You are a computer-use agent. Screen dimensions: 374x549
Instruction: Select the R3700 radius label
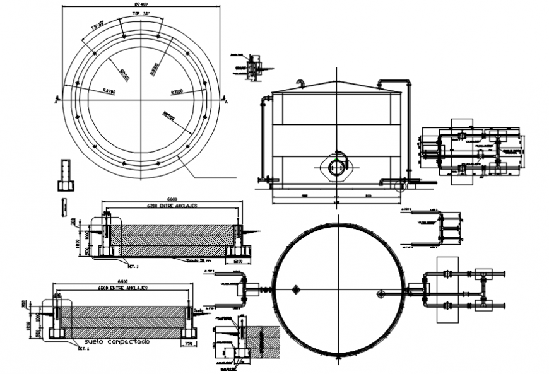pos(109,91)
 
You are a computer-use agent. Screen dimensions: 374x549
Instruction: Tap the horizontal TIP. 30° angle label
pos(141,13)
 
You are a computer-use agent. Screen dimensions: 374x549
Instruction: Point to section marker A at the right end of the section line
pos(226,100)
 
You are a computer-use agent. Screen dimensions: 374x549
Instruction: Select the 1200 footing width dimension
pos(238,260)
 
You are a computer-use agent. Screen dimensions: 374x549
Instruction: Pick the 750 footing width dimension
pos(189,344)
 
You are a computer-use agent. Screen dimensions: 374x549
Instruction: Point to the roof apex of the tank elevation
pos(337,82)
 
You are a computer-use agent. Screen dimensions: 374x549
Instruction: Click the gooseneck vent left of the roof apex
pos(301,83)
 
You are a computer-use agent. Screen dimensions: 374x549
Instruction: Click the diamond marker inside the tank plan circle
pos(295,289)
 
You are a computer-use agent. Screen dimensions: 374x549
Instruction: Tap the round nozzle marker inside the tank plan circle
pos(381,293)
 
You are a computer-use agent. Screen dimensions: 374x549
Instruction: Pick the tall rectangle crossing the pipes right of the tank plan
pos(447,289)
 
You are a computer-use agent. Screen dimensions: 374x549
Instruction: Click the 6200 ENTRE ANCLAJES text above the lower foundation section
pos(123,288)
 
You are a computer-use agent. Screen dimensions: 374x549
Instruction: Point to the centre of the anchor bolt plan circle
pos(141,100)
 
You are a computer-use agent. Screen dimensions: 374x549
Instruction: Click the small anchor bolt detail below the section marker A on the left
pos(66,175)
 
